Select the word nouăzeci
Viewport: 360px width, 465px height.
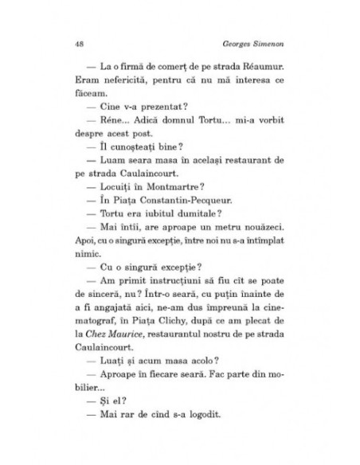(x=262, y=225)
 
